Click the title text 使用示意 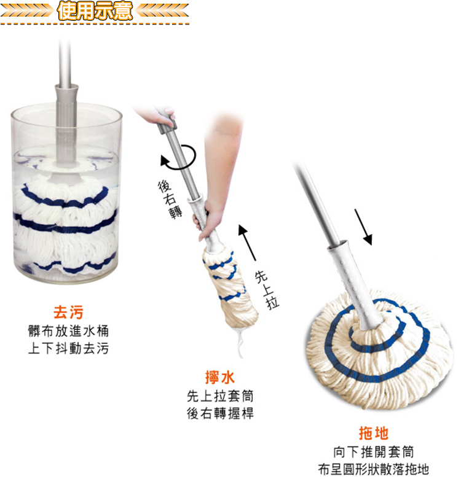[x=95, y=11]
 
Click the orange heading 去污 [x=68, y=312]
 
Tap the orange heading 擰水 [x=220, y=377]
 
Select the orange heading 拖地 [x=374, y=433]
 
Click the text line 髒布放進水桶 [x=68, y=331]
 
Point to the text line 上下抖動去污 [x=68, y=348]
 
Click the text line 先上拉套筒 [x=220, y=396]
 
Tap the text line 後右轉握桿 [x=220, y=413]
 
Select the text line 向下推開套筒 [x=374, y=452]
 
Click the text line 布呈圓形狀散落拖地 [x=374, y=469]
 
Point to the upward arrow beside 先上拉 [x=247, y=243]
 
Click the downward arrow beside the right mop [x=363, y=227]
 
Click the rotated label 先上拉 [x=267, y=290]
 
